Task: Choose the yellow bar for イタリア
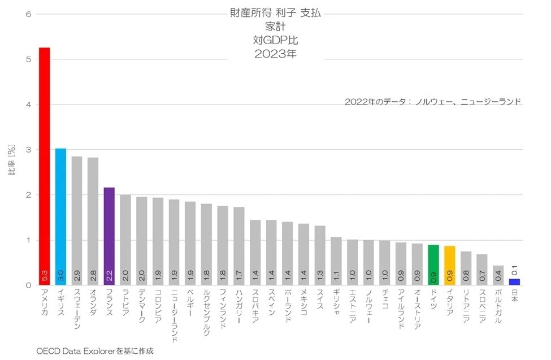point(450,265)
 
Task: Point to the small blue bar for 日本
point(514,281)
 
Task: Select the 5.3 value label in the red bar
point(45,275)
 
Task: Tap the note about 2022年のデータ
point(432,102)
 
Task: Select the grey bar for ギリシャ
point(336,261)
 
